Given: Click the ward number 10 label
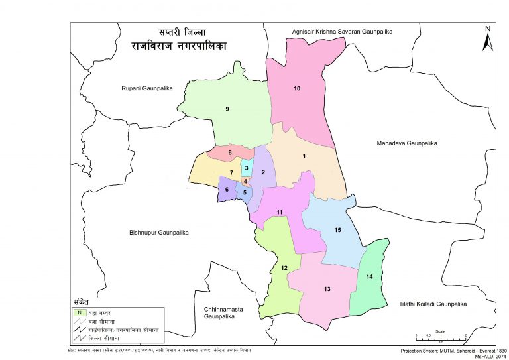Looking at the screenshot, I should click(x=297, y=88).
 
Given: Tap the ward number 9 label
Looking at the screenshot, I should click(x=227, y=109).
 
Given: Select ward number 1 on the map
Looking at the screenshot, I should click(x=304, y=156).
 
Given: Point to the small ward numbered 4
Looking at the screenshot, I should click(x=245, y=181).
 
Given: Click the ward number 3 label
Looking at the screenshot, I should click(x=246, y=168).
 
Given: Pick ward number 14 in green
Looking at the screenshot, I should click(x=369, y=276).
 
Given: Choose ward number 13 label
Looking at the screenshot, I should click(x=327, y=290).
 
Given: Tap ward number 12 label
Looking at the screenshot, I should click(x=284, y=268).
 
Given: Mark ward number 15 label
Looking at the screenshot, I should click(x=337, y=230).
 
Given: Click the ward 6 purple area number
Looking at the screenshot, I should click(x=227, y=190).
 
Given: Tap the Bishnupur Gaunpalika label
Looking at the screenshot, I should click(x=160, y=233).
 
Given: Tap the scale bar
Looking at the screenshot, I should click(x=441, y=336).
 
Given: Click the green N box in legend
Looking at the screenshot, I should click(x=78, y=312).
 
